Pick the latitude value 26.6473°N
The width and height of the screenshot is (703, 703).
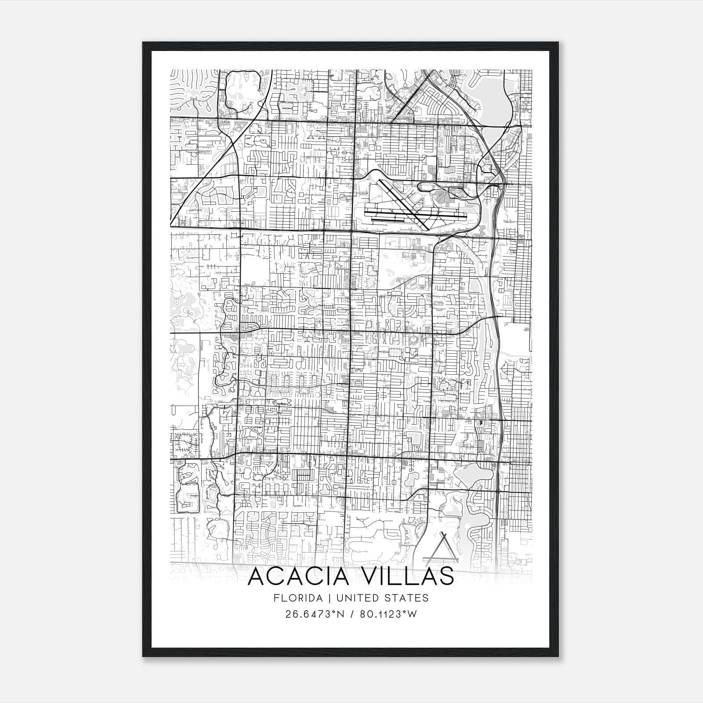(x=314, y=614)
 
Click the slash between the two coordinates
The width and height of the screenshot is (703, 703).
(x=351, y=614)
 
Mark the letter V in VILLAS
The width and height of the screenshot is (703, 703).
(x=375, y=576)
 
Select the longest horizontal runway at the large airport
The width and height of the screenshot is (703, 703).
(x=415, y=216)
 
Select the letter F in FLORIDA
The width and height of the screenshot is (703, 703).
(x=275, y=598)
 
